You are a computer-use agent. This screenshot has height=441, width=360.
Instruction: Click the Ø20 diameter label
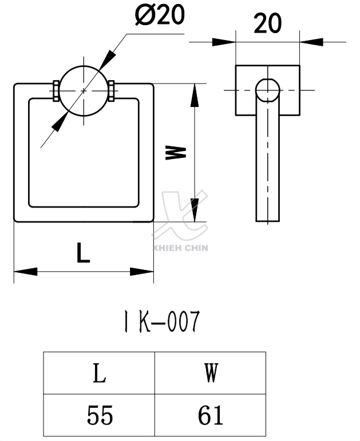160,16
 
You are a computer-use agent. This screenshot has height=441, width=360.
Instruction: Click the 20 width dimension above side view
267,23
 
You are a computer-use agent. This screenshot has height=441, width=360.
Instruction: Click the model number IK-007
162,323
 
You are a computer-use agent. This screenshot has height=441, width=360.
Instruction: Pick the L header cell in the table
100,374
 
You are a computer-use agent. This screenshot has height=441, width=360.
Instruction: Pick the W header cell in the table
210,374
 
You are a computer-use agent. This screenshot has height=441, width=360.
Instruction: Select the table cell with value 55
100,415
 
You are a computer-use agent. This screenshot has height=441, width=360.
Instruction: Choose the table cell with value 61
210,415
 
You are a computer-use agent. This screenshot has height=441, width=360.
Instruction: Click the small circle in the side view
267,90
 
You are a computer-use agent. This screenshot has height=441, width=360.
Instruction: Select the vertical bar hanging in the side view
267,160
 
